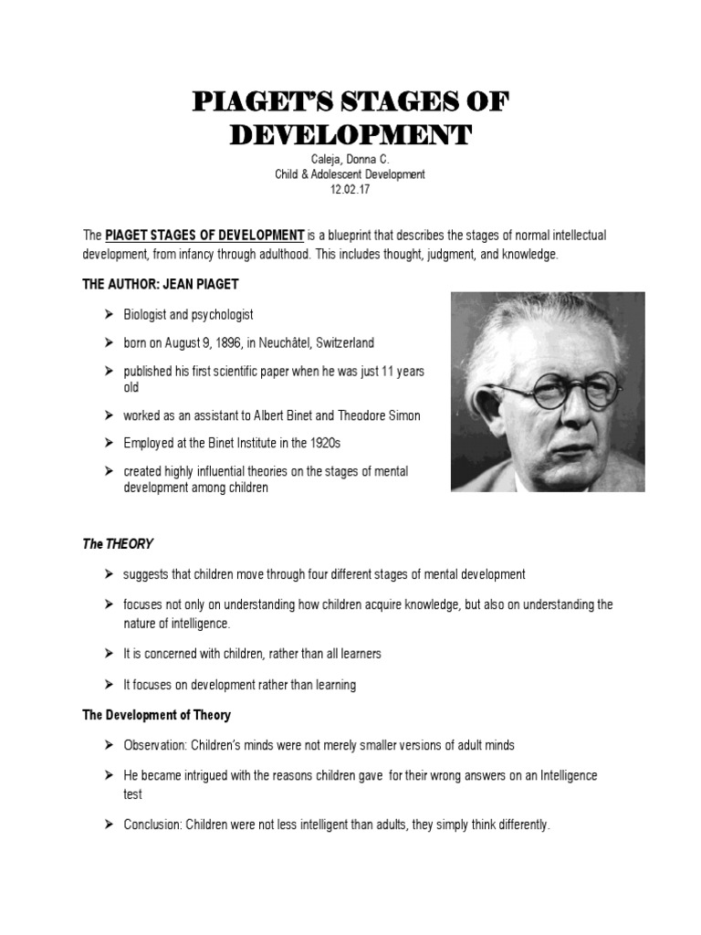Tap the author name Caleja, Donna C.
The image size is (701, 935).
(350, 160)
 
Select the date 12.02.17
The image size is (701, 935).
(350, 190)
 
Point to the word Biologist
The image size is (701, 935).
(148, 314)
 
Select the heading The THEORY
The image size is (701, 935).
(118, 544)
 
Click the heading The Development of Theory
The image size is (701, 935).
(156, 715)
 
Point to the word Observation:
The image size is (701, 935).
(153, 745)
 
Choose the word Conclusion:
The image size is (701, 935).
(153, 825)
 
